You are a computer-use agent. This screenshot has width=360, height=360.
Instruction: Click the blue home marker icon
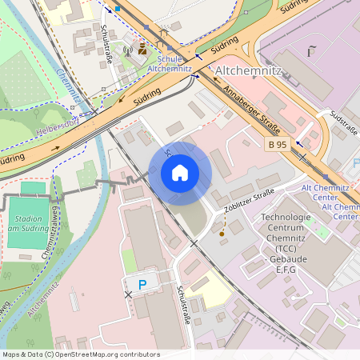[x=180, y=173]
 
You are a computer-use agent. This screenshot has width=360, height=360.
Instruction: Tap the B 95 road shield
[x=277, y=145]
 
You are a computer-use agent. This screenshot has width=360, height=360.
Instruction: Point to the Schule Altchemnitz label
[x=169, y=64]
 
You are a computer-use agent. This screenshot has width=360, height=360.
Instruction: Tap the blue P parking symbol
[x=143, y=284]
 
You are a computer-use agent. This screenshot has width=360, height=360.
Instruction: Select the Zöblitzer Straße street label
[x=250, y=201]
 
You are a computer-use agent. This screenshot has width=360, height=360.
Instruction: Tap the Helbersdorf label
[x=60, y=129]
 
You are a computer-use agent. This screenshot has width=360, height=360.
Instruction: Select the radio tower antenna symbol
[x=126, y=50]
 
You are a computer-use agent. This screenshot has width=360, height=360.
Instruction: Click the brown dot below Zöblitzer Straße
[x=222, y=234]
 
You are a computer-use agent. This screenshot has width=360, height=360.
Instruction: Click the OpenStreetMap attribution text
[x=80, y=354]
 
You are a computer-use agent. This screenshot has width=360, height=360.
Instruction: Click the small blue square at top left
[x=118, y=8]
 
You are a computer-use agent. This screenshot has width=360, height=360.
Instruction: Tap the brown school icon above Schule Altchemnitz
[x=143, y=49]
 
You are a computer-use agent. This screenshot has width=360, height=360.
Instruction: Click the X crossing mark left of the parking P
[x=127, y=295]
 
